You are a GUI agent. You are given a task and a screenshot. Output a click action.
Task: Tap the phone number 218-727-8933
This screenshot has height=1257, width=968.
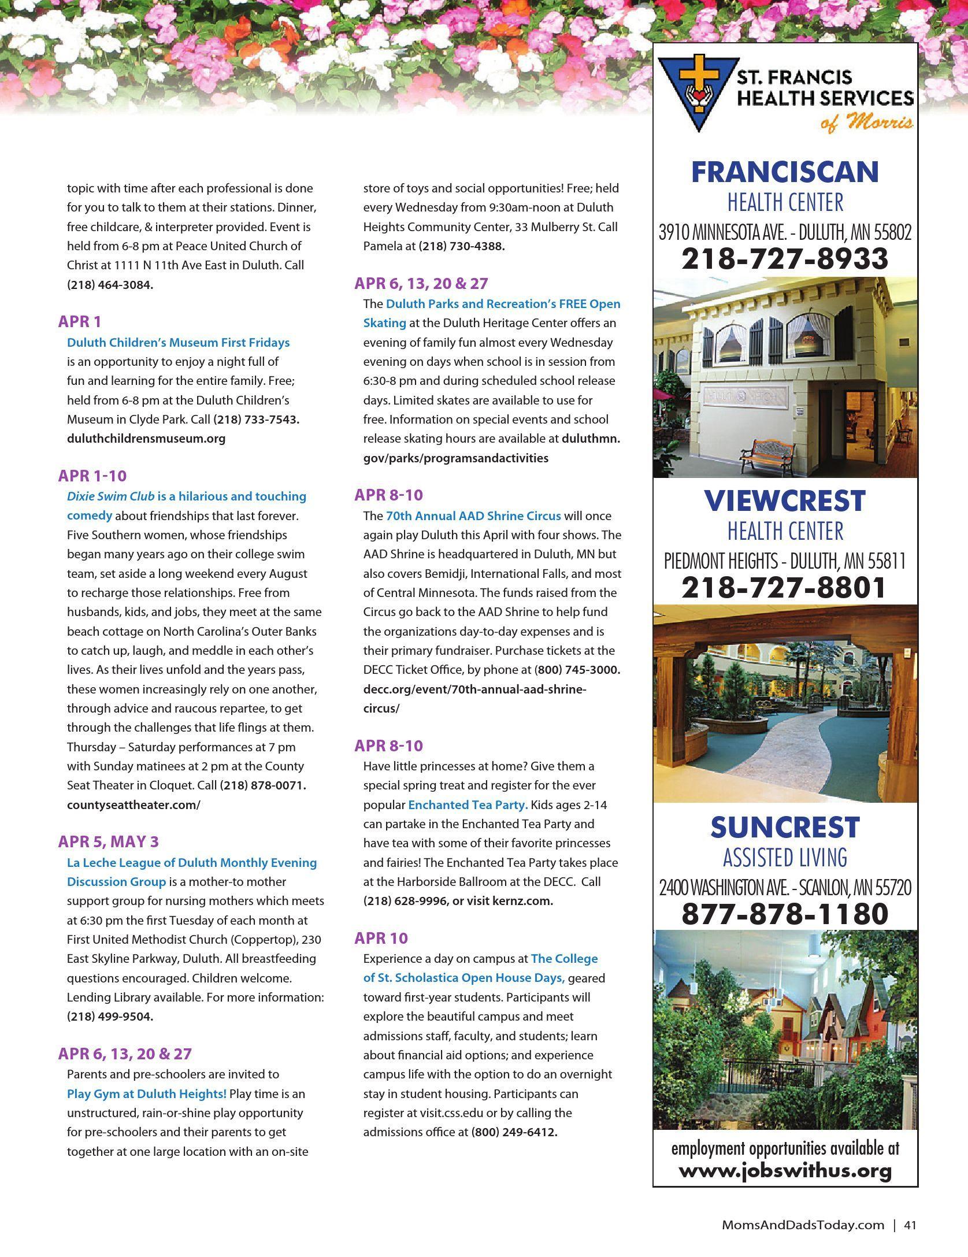[x=785, y=258]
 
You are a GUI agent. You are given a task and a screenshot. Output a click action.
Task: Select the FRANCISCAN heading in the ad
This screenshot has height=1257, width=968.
[x=785, y=172]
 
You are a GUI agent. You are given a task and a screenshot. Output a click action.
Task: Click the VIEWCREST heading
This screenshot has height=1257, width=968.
[x=785, y=500]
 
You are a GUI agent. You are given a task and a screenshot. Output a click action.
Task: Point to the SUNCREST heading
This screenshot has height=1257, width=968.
[x=785, y=828]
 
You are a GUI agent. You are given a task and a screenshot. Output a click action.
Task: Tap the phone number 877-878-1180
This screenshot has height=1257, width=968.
[x=785, y=914]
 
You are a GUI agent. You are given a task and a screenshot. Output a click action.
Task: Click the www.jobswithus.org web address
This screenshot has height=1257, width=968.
[x=785, y=1170]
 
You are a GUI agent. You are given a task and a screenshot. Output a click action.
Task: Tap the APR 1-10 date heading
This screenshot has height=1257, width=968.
[x=92, y=476]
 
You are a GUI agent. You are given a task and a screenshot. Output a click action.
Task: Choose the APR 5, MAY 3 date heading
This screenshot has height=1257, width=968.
[x=108, y=841]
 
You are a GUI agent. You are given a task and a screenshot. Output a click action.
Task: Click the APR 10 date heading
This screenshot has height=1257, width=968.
[x=381, y=937]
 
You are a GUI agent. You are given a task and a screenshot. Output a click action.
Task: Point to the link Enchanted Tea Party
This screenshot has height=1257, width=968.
[x=468, y=804]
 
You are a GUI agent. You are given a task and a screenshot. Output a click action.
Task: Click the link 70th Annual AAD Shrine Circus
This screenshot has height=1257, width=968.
[x=473, y=516]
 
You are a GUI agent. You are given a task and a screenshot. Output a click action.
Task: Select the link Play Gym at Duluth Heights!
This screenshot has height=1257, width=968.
[x=147, y=1093]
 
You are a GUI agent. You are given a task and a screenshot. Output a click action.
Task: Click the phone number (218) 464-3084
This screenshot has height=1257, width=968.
[x=110, y=285]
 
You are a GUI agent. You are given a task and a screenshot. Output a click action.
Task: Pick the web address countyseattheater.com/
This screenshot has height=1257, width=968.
[x=133, y=804]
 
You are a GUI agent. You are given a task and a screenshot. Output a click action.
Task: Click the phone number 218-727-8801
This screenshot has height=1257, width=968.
[x=785, y=587]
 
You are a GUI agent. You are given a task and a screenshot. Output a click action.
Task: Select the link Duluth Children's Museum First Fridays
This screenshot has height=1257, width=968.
[x=178, y=342]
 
